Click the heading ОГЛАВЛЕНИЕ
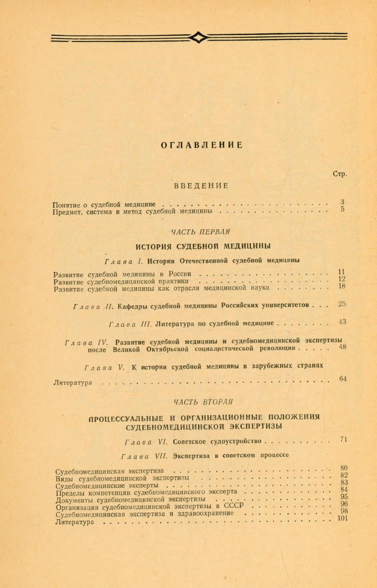tap(202, 145)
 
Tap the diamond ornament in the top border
tap(198, 38)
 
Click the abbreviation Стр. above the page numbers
tap(340, 174)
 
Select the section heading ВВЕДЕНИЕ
tap(201, 186)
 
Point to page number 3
tap(343, 202)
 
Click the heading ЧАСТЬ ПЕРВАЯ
tap(201, 232)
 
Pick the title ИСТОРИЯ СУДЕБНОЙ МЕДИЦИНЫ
tap(204, 246)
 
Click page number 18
tap(342, 286)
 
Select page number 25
tap(342, 304)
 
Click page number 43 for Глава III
tap(342, 322)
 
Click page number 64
tap(343, 379)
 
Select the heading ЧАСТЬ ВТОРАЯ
tap(203, 402)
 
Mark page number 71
tap(344, 439)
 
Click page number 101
tap(343, 518)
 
